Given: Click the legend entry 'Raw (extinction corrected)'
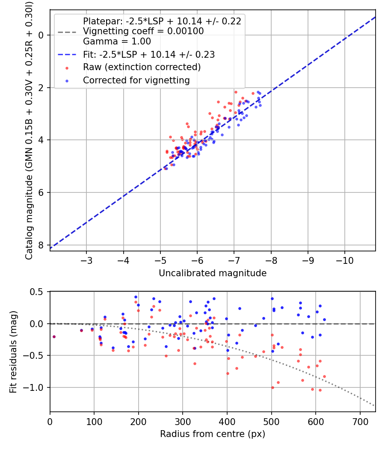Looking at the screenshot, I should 142,67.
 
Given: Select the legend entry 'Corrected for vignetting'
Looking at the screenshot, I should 136,80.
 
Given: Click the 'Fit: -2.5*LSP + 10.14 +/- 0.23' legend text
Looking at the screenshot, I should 149,54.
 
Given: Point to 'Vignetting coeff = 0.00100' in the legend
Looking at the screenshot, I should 143,31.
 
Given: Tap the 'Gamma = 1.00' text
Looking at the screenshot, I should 117,42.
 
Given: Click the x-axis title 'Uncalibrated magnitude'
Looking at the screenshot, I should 213,273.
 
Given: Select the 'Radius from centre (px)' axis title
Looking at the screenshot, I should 213,434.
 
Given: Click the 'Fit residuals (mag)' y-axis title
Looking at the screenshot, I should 13,352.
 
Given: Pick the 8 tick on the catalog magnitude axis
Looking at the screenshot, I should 41,245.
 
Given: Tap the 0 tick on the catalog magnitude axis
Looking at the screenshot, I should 41,35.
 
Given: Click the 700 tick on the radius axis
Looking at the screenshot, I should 360,422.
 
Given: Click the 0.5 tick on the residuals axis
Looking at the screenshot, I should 38,292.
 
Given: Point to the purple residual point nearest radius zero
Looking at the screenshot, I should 54,337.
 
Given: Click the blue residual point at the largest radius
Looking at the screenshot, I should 324,319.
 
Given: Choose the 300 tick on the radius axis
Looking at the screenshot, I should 183,422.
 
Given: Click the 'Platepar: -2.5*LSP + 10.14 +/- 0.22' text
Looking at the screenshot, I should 162,21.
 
